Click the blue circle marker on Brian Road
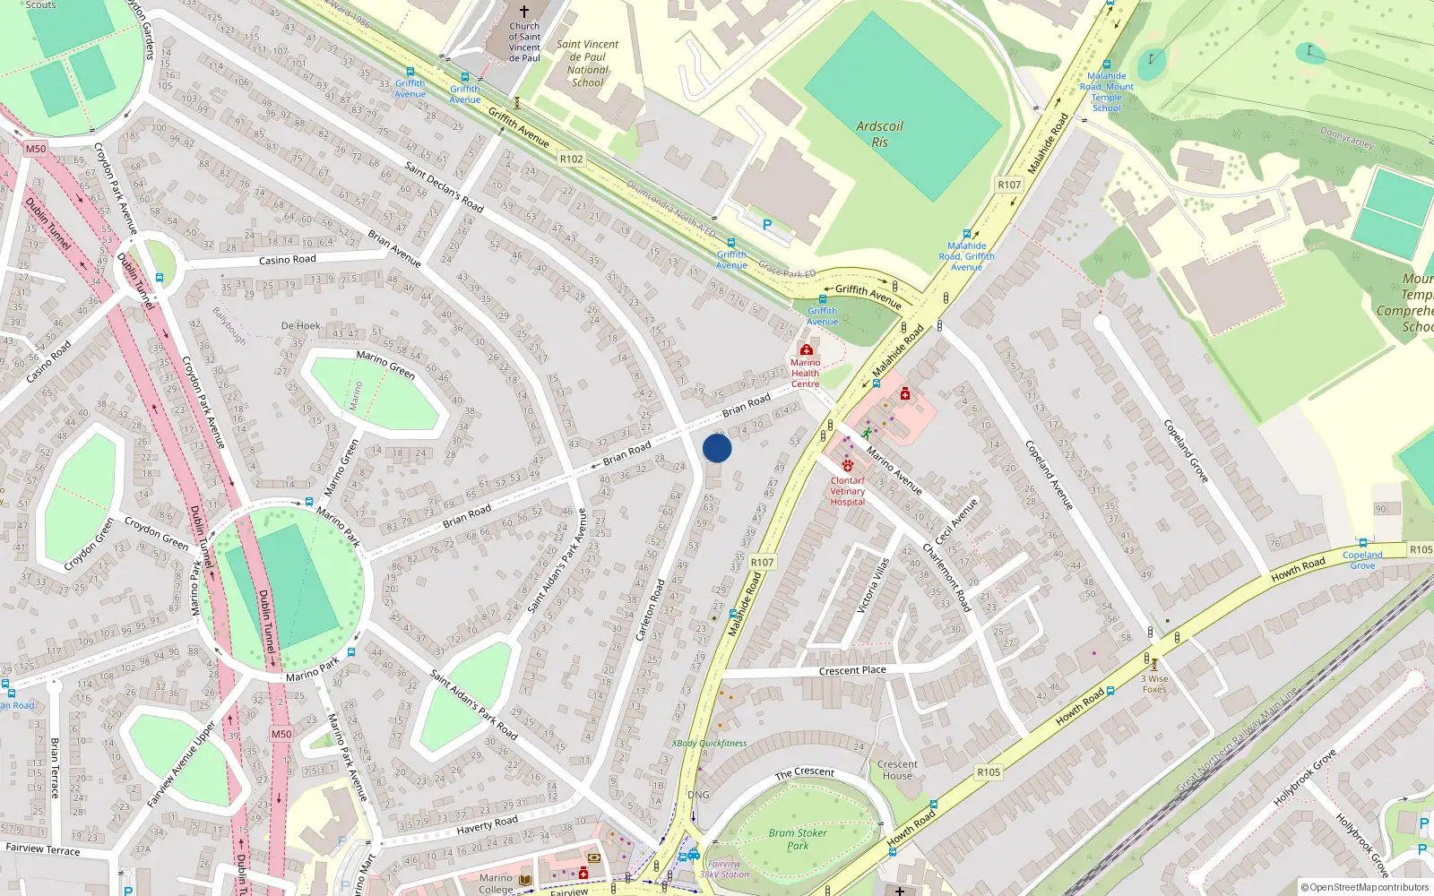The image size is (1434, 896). [x=717, y=448]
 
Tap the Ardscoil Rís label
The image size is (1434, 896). [x=879, y=134]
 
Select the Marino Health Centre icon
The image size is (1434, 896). [x=806, y=350]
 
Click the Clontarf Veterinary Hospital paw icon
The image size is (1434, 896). [x=848, y=466]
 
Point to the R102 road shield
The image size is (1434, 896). [x=571, y=159]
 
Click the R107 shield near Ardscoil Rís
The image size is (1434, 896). [x=1009, y=185]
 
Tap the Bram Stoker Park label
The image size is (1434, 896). [x=798, y=839]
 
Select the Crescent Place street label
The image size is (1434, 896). [x=852, y=670]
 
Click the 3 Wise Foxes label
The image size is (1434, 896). [x=1154, y=684]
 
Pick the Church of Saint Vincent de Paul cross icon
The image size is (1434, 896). [x=524, y=12]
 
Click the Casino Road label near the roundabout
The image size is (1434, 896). [x=287, y=260]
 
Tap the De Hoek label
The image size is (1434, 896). [x=300, y=325]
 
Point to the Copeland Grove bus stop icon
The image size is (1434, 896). [x=1363, y=543]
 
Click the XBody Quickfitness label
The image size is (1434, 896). [x=709, y=743]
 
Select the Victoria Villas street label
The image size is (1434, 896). [x=872, y=585]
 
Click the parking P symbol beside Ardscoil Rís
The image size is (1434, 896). [x=767, y=225]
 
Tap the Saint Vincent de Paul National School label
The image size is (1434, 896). [x=587, y=63]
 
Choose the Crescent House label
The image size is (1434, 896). [x=897, y=770]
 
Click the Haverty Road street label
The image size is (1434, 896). [x=487, y=823]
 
